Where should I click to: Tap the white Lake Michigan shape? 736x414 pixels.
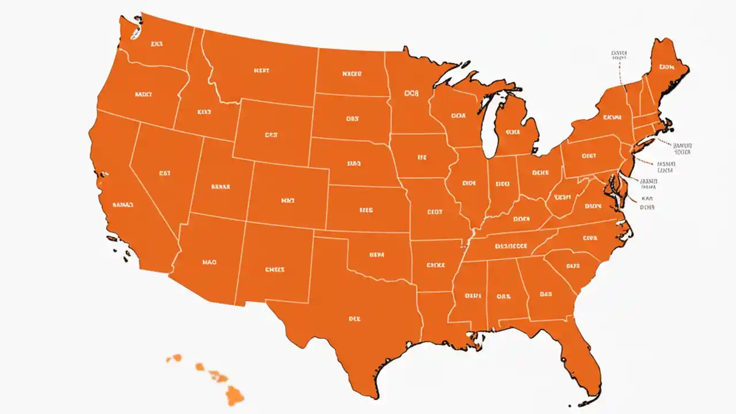coord(489,126)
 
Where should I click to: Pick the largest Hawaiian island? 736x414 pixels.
coord(235,395)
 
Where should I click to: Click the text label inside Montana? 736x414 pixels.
coord(261,71)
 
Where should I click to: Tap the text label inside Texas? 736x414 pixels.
coord(355,317)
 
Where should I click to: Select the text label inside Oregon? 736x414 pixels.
coord(143,94)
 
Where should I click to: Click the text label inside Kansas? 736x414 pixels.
coord(366,210)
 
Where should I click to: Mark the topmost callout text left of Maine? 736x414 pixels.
coord(619,55)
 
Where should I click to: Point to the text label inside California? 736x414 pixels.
coord(123,204)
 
